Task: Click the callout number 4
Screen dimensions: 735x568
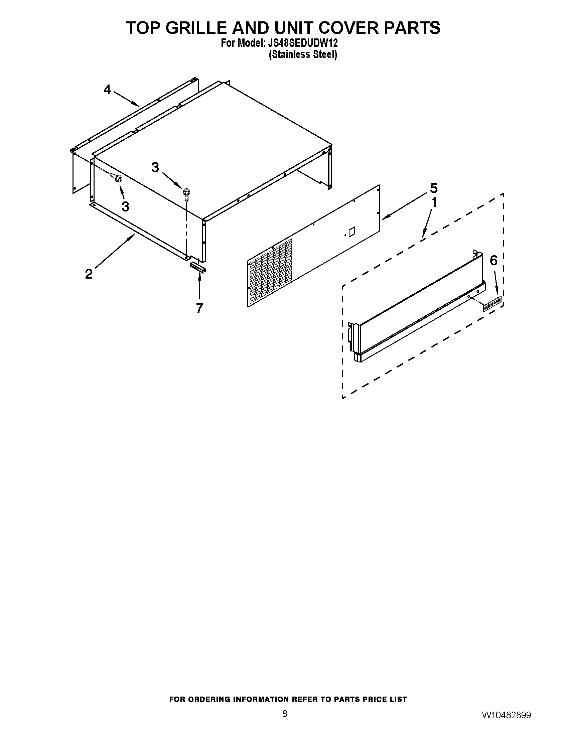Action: click(x=107, y=90)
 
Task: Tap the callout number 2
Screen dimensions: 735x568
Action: click(x=89, y=274)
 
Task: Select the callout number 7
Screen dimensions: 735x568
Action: click(x=199, y=308)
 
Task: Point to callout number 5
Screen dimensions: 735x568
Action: click(x=434, y=188)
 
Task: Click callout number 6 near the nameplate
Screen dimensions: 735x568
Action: click(x=493, y=260)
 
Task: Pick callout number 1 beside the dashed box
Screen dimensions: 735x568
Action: click(x=434, y=202)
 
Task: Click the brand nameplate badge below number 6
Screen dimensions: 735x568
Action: click(x=492, y=303)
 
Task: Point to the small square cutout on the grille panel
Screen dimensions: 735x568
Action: click(x=351, y=232)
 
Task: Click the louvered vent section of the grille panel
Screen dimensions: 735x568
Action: click(x=270, y=273)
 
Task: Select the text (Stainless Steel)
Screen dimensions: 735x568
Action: click(x=302, y=54)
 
